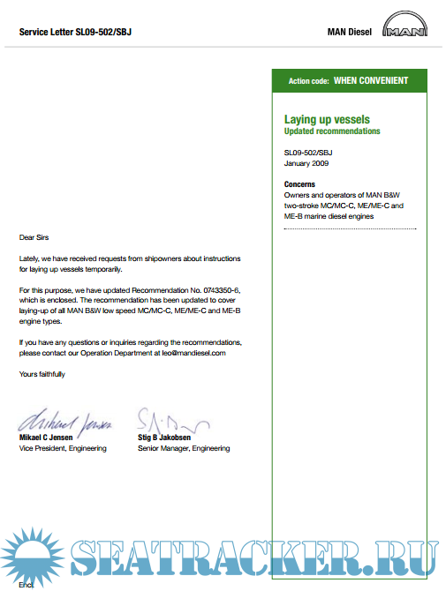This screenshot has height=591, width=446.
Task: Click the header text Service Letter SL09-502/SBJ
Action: pyautogui.click(x=75, y=33)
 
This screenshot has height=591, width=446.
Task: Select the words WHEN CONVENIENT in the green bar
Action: pyautogui.click(x=371, y=80)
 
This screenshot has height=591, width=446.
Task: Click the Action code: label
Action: pyautogui.click(x=308, y=81)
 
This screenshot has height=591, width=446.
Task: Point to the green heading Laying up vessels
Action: pyautogui.click(x=327, y=119)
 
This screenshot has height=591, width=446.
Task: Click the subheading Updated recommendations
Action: pyautogui.click(x=332, y=131)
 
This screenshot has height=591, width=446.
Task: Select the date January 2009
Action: pyautogui.click(x=306, y=163)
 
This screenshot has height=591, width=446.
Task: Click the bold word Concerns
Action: pyautogui.click(x=299, y=184)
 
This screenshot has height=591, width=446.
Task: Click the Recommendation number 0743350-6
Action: pyautogui.click(x=220, y=289)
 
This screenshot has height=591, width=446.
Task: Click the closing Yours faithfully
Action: pyautogui.click(x=42, y=374)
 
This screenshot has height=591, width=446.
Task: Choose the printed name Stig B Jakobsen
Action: pyautogui.click(x=164, y=438)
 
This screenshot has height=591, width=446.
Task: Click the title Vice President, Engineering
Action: pyautogui.click(x=63, y=448)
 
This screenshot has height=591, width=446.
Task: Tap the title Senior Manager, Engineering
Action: pyautogui.click(x=184, y=448)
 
